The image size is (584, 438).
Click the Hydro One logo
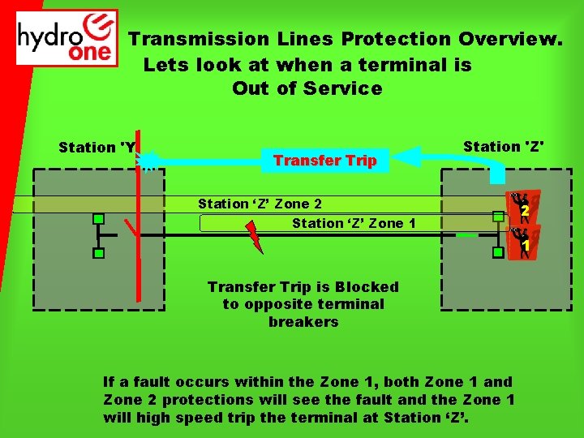point(67,38)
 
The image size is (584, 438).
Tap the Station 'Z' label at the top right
point(503,147)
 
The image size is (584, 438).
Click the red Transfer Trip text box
point(324,161)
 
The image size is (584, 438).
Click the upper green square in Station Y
point(97,218)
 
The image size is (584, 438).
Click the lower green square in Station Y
point(97,254)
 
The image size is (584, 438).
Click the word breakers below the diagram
point(303,322)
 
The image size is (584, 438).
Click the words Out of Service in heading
point(307,89)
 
